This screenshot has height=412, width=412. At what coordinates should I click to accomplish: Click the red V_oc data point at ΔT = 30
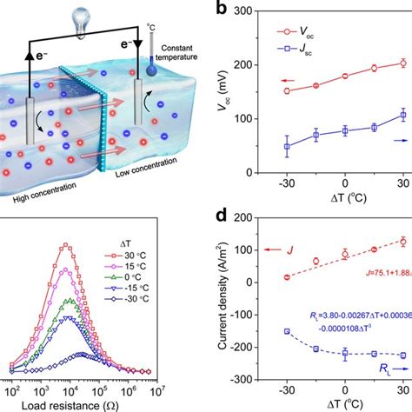pos(402,63)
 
